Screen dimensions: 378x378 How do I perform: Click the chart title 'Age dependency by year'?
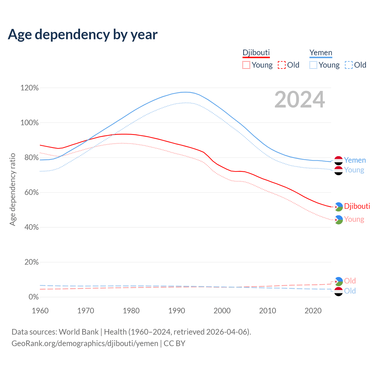pos(83,35)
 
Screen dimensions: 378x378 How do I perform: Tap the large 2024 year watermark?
pos(299,100)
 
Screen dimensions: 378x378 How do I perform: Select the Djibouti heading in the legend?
pos(256,53)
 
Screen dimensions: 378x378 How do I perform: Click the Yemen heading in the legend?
pos(321,53)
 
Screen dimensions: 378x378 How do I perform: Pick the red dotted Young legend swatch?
pos(246,65)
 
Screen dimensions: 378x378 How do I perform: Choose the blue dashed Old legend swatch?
pos(349,65)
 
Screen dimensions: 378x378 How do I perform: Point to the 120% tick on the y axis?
pos(30,88)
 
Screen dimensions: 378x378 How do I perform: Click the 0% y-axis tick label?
pos(33,297)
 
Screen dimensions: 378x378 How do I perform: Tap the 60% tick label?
pos(30,193)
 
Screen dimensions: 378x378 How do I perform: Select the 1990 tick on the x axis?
pos(177,311)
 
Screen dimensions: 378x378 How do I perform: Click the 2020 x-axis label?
pos(313,311)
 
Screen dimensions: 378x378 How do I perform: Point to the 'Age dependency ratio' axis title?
pos(12,189)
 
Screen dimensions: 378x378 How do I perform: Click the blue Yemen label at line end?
pos(355,160)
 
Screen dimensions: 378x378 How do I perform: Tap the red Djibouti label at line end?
pos(357,206)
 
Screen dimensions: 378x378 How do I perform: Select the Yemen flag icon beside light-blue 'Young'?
pos(338,170)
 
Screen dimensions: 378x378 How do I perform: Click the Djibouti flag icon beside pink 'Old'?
pos(338,281)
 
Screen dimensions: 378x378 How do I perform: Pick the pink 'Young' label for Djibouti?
pos(354,219)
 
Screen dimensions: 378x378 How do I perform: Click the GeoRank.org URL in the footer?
pos(85,343)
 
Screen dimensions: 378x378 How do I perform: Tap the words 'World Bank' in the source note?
pos(79,332)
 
